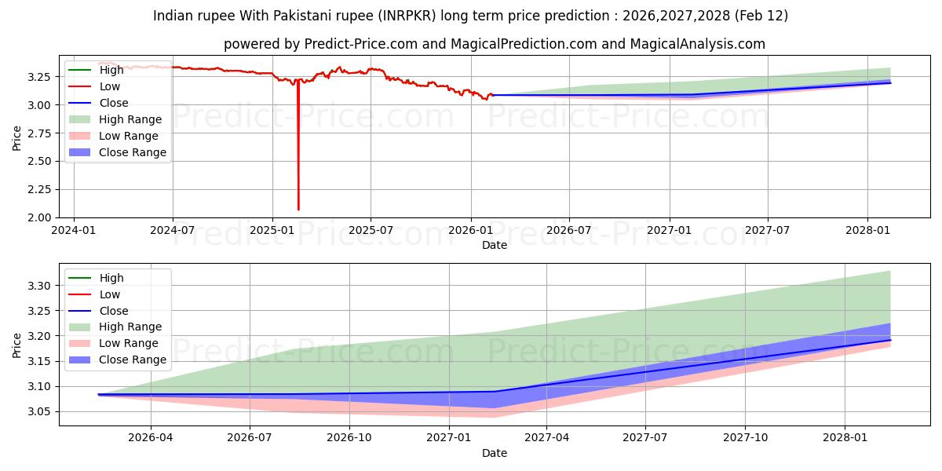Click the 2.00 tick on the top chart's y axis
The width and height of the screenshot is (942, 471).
pos(40,217)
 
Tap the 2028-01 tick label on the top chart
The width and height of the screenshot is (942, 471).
pos(867,231)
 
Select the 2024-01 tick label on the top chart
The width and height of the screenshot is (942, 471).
pos(74,231)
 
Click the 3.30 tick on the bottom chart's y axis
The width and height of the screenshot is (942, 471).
pos(40,286)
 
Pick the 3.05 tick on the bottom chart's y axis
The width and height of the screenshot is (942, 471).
pos(40,411)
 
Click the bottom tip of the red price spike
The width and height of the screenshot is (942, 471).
pos(298,210)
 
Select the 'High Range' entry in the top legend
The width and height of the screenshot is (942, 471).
pos(130,119)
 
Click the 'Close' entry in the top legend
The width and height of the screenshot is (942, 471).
pos(114,103)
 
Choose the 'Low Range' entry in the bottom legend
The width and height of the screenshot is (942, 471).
pos(128,343)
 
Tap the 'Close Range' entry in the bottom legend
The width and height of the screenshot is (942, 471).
pos(132,360)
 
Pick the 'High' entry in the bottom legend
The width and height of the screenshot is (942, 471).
pos(111,278)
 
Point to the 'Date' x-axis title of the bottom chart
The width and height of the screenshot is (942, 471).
pos(495,453)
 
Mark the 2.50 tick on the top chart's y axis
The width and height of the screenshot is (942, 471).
pos(40,161)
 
